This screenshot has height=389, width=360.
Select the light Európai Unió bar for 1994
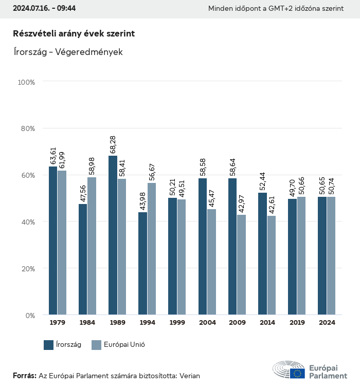152,249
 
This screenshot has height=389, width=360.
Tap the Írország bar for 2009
232,246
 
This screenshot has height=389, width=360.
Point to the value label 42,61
272,205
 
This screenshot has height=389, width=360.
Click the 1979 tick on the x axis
58,323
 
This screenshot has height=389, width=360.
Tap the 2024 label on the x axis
327,323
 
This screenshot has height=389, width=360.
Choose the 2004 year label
207,323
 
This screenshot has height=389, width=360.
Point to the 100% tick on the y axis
26,82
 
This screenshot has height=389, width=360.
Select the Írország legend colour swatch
49,345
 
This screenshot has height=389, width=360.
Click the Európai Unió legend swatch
96,345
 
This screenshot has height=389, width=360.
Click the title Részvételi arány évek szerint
74,33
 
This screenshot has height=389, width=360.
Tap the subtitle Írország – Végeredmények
67,52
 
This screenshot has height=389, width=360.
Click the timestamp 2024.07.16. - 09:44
44,9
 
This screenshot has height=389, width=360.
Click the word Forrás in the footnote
24,376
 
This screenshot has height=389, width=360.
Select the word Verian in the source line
189,376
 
